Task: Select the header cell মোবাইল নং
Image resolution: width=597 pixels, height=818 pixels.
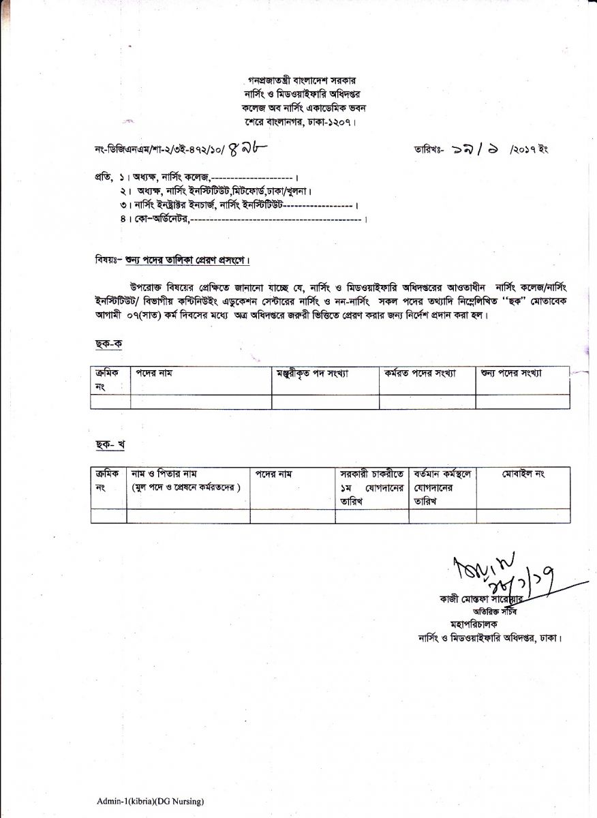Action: pos(524,473)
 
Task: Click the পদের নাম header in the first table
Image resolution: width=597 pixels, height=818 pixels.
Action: pos(156,374)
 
